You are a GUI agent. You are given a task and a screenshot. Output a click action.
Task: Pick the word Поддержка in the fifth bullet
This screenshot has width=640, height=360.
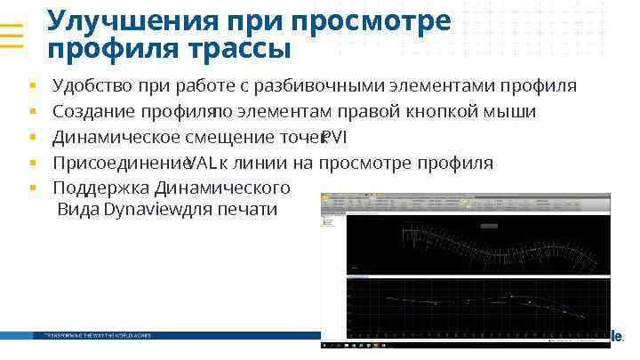pos(101,188)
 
